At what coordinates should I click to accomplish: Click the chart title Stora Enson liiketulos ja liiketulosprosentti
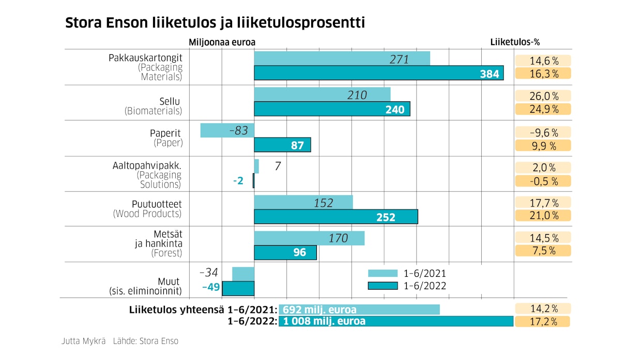tap(215, 23)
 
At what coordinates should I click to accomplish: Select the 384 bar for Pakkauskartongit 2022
tap(378, 73)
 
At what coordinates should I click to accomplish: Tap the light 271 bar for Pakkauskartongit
tap(342, 59)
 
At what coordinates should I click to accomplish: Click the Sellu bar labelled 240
tap(332, 109)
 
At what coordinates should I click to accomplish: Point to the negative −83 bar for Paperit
tap(227, 130)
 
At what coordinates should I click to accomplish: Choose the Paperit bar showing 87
tap(282, 145)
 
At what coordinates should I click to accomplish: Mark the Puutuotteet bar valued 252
tap(335, 217)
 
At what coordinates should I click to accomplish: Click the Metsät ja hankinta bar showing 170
tap(309, 238)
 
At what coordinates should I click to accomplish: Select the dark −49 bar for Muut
tap(238, 288)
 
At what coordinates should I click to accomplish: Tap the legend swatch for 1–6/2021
tap(383, 273)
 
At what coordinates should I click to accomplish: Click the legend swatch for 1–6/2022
tap(383, 286)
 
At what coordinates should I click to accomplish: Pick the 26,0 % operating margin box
tap(543, 96)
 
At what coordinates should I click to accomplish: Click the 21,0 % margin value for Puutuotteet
tap(543, 216)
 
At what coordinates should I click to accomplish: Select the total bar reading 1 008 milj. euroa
tap(396, 321)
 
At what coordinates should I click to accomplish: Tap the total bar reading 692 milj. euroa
tap(359, 310)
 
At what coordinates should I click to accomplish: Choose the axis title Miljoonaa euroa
tap(222, 42)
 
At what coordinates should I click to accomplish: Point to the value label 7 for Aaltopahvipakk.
tap(278, 167)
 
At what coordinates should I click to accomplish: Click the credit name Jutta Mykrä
tap(83, 341)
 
